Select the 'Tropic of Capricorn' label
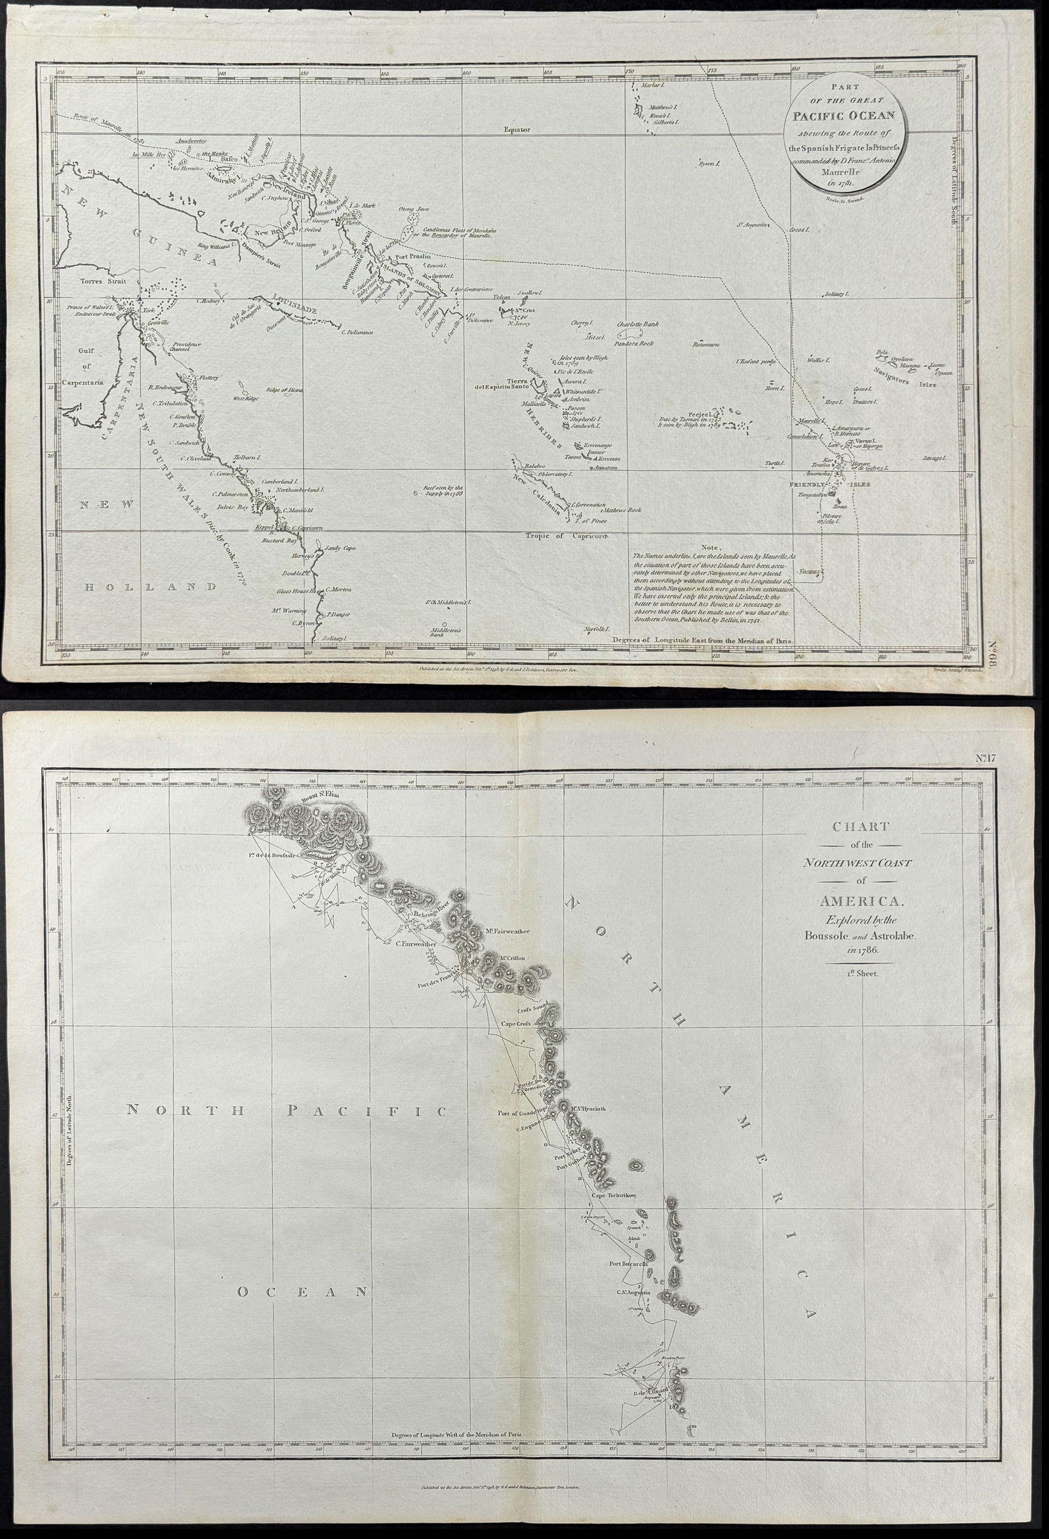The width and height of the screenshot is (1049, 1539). (566, 535)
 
